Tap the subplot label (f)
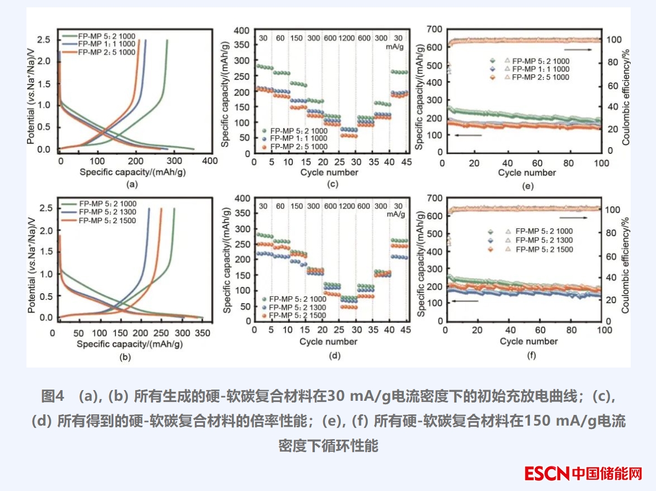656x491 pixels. [530, 356]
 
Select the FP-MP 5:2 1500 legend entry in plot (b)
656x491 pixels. [107, 220]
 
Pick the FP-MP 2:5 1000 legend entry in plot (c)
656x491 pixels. [298, 147]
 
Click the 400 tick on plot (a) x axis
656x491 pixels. [209, 161]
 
